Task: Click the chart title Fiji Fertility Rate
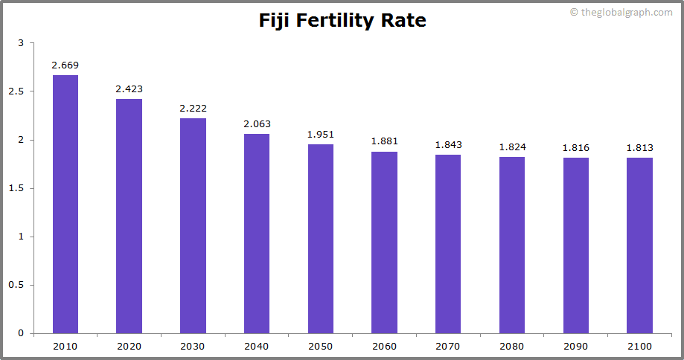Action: (x=342, y=20)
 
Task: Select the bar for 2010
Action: (x=65, y=204)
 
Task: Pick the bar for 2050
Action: (x=321, y=239)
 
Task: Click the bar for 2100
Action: (x=639, y=245)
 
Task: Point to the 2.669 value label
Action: (x=65, y=65)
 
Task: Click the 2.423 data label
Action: (x=129, y=89)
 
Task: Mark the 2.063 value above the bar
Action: (x=257, y=124)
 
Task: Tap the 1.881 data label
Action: (x=384, y=141)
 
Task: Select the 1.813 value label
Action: (x=639, y=148)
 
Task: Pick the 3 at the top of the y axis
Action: (x=21, y=43)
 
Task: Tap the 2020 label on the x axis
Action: (x=129, y=346)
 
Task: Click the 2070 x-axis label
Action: (x=448, y=346)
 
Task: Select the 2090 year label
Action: (x=575, y=346)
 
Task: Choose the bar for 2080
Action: (x=512, y=245)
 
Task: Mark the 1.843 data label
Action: (x=448, y=145)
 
